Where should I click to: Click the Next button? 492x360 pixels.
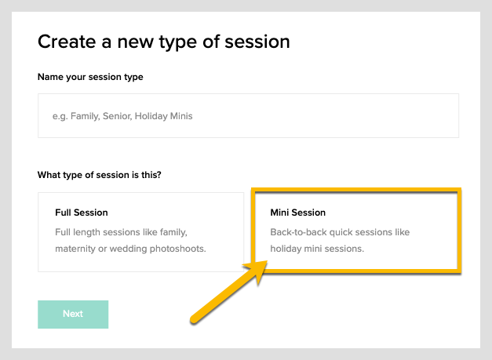pos(73,314)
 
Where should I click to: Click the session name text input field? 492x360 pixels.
pos(248,115)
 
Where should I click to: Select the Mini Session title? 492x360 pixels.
pos(297,213)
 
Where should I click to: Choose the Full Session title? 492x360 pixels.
pos(82,213)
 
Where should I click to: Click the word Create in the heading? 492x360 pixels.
pos(67,42)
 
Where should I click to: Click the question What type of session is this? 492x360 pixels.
pos(100,175)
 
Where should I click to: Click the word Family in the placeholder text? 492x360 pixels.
pos(85,116)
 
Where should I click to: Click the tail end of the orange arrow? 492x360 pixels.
pos(192,318)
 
